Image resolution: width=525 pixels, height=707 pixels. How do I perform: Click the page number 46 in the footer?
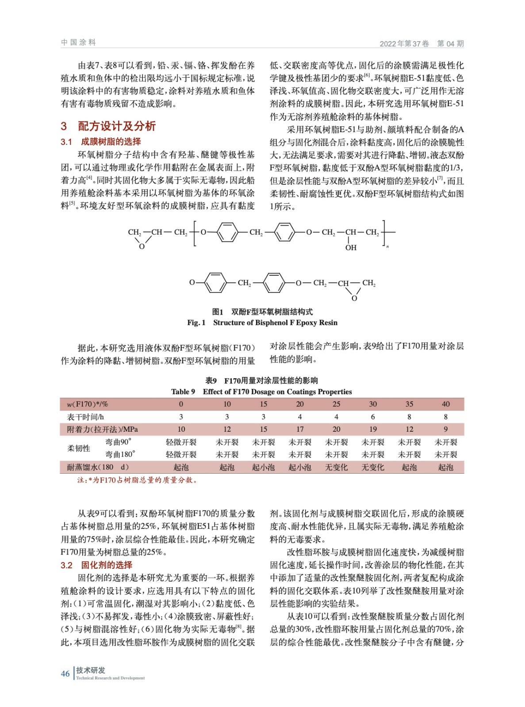point(65,673)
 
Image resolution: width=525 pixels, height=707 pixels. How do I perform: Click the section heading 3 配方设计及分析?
point(108,126)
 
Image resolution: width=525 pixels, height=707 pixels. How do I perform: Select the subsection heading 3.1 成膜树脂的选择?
point(101,141)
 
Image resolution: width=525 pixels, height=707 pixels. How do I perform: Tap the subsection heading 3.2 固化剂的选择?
point(96,565)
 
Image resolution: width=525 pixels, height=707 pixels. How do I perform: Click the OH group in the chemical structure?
point(351,247)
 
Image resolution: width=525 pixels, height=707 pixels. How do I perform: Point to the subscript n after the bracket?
point(387,246)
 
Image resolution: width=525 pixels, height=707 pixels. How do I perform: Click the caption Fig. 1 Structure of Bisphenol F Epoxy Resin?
point(262,323)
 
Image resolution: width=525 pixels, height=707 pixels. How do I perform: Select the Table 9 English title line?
point(261,392)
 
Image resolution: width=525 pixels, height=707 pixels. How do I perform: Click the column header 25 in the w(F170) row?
point(336,404)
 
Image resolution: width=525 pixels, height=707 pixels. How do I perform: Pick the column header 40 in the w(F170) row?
point(445,404)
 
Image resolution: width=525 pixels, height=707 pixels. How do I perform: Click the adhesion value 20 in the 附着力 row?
point(336,429)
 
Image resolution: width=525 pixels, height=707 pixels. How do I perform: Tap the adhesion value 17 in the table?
point(300,429)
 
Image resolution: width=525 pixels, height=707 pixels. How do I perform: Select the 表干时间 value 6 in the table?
point(373,417)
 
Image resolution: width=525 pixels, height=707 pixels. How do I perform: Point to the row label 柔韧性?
point(79,448)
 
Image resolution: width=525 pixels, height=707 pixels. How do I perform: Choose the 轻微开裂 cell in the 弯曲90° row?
point(181,442)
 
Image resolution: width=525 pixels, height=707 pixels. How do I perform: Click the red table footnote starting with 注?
point(137,480)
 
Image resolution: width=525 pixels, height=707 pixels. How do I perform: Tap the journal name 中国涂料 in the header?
point(78,42)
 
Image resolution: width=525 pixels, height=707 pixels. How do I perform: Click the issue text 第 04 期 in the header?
point(450,43)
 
